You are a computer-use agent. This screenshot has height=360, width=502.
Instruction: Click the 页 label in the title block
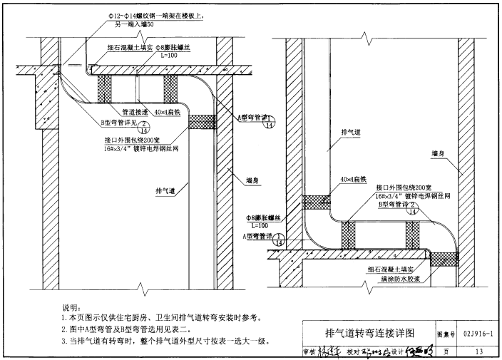446,351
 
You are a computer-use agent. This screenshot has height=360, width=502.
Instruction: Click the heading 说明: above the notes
72,307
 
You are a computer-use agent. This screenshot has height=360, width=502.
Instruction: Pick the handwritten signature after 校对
376,351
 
